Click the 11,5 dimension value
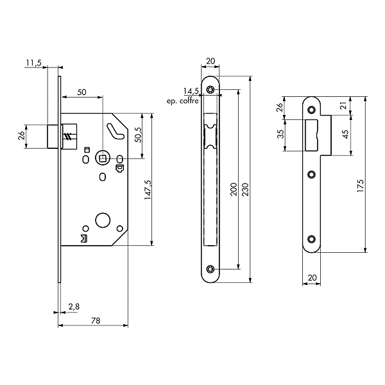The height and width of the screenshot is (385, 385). [34, 62]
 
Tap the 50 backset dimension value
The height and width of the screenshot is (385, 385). [81, 92]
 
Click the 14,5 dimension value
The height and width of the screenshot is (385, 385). [191, 91]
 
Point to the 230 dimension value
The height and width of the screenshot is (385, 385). [244, 188]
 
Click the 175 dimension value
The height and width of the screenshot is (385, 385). [361, 186]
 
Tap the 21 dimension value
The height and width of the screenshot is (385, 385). [343, 105]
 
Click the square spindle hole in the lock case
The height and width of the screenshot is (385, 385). [102, 158]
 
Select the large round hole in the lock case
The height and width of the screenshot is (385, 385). [102, 221]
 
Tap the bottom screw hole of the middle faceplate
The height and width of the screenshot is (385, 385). [210, 269]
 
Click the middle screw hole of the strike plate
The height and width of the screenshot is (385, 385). [312, 173]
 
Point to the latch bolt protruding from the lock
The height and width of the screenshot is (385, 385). [55, 136]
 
